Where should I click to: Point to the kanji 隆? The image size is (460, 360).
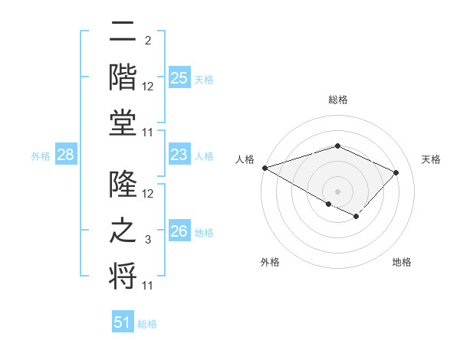pyautogui.click(x=123, y=184)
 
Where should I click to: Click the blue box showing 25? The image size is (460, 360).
pyautogui.click(x=179, y=78)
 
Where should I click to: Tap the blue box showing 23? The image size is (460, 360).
pyautogui.click(x=179, y=155)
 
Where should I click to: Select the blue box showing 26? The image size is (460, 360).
pyautogui.click(x=179, y=231)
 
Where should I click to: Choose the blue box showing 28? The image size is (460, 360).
pyautogui.click(x=65, y=155)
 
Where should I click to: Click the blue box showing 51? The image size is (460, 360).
pyautogui.click(x=123, y=322)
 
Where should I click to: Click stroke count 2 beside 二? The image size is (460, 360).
pyautogui.click(x=148, y=41)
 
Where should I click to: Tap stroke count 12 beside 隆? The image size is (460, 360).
pyautogui.click(x=148, y=195)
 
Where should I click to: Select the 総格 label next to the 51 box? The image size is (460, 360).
pyautogui.click(x=147, y=324)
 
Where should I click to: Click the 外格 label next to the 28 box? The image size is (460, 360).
pyautogui.click(x=41, y=156)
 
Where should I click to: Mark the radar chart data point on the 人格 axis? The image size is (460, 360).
pyautogui.click(x=264, y=168)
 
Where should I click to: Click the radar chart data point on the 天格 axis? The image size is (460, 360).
pyautogui.click(x=396, y=172)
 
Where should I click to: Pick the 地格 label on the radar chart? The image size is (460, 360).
pyautogui.click(x=402, y=262)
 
